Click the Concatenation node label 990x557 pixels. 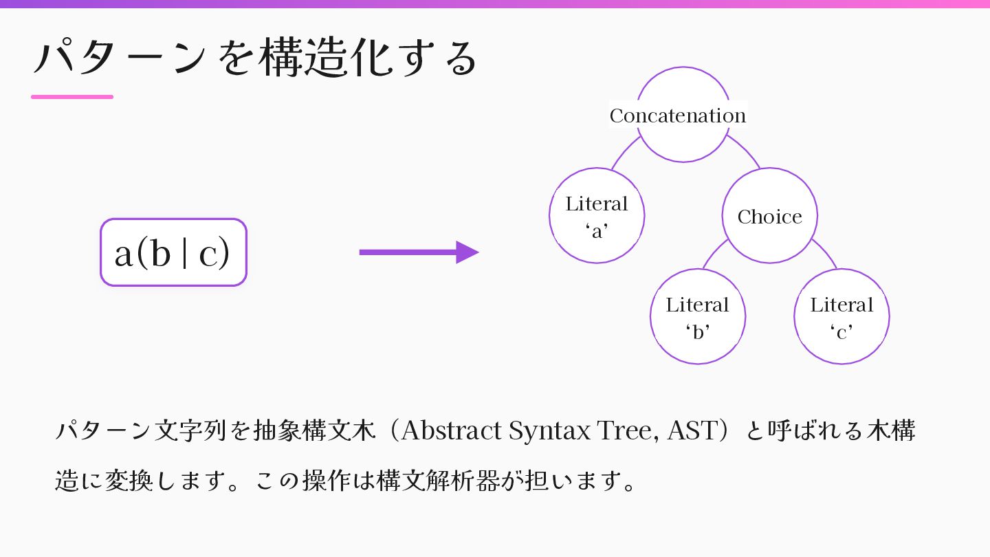click(678, 116)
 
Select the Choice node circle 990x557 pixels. click(769, 216)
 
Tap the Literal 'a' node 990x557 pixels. click(597, 216)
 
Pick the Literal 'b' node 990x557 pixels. click(697, 316)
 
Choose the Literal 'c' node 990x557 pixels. click(841, 316)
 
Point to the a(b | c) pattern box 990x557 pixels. click(173, 252)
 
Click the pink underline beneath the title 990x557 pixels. click(72, 97)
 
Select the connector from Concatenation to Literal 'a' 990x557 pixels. click(624, 152)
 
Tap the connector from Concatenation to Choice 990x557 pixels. click(745, 150)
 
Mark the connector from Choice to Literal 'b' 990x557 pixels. click(714, 253)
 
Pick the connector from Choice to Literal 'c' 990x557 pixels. click(825, 253)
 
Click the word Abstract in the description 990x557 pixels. click(451, 431)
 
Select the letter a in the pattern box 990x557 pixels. click(124, 254)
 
